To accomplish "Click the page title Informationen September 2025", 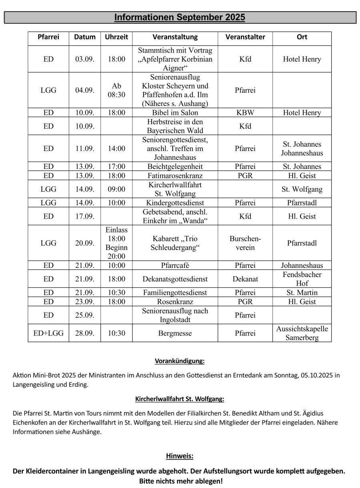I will click(180, 17).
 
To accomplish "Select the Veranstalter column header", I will click(245, 37).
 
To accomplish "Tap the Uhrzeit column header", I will click(116, 37).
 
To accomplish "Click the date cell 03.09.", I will click(85, 59).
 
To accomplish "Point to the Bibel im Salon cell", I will click(175, 112).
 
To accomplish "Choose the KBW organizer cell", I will click(245, 112).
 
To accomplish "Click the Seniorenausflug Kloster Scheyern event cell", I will click(175, 90).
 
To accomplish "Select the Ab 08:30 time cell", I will click(116, 90).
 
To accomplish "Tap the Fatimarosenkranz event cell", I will click(175, 176).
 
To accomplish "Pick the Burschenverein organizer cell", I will click(245, 243).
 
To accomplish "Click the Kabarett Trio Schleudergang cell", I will click(175, 243).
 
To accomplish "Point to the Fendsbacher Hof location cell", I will click(302, 279).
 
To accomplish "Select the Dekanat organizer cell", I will click(245, 279).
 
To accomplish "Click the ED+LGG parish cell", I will click(48, 333).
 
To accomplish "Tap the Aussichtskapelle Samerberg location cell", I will click(302, 333).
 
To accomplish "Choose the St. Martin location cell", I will click(302, 293).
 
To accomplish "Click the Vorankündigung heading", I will click(180, 361).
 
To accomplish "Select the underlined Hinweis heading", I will click(180, 456).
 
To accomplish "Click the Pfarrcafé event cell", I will click(175, 265).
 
